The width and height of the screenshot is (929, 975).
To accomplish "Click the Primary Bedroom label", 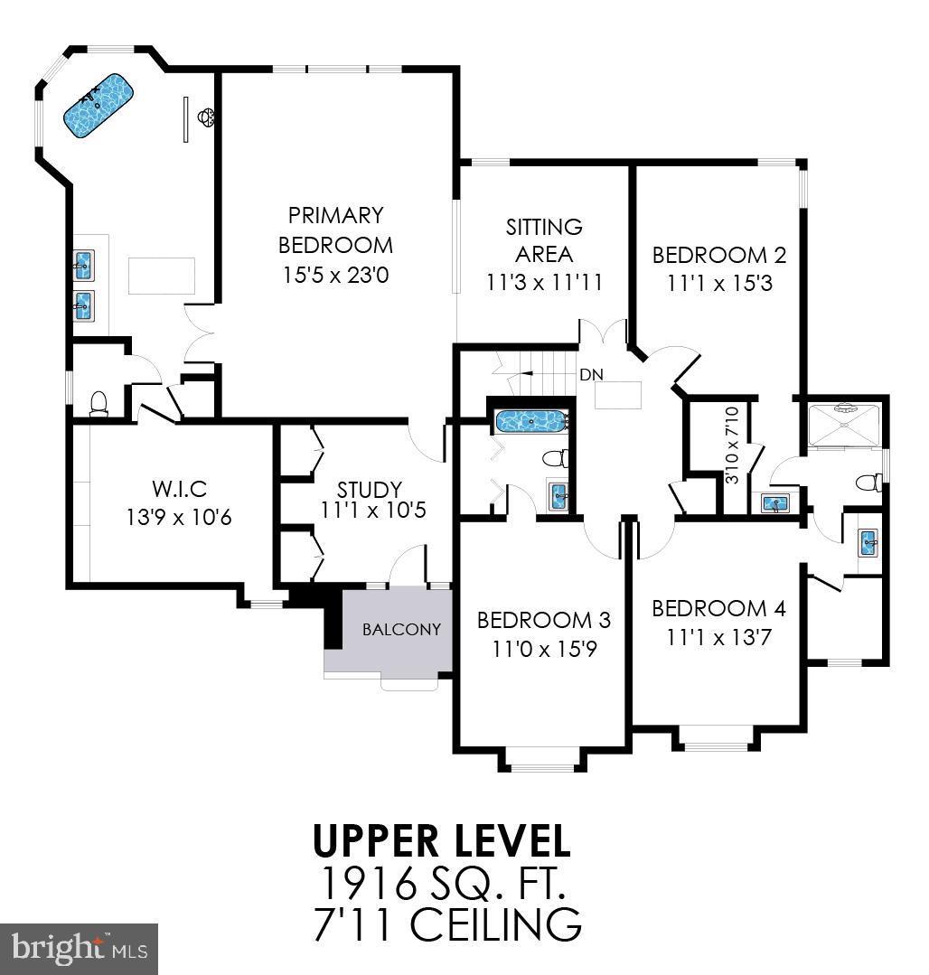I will (335, 230).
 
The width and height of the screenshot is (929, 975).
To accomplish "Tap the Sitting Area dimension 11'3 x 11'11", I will (543, 282).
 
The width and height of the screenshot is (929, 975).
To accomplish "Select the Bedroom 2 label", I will (719, 255).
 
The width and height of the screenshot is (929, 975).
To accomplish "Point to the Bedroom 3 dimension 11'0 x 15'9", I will (543, 648).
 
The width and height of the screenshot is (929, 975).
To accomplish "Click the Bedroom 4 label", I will (719, 608).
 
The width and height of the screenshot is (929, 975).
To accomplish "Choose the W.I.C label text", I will (179, 489).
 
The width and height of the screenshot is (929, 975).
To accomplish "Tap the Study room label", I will (369, 490).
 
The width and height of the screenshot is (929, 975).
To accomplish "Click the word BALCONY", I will (401, 629).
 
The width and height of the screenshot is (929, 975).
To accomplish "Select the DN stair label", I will (592, 374).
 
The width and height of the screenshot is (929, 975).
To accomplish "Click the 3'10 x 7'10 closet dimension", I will (732, 445).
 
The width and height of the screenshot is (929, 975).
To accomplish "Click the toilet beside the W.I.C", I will (99, 403).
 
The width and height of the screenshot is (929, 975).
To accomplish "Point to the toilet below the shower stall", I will (868, 482).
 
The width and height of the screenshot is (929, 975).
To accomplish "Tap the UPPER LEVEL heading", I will (442, 840).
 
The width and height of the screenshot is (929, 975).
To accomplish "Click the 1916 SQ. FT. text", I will (442, 883).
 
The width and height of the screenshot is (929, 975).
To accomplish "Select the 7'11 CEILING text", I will (446, 925).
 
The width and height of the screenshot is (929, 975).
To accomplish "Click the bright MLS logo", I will (80, 947).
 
